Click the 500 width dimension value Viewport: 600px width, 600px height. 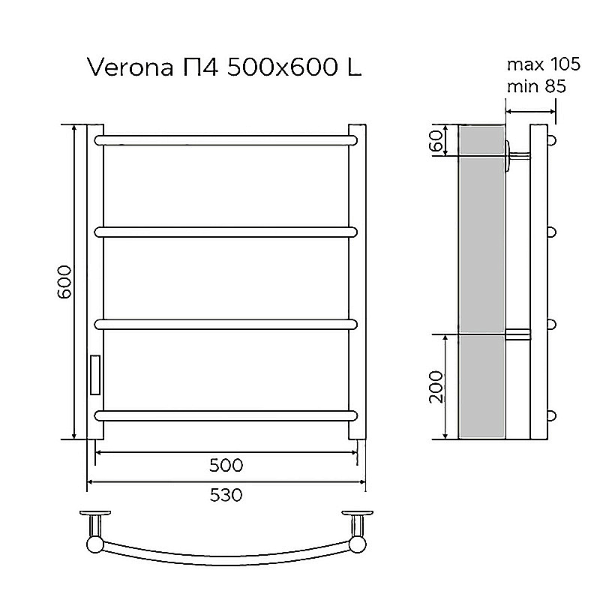tap(226, 465)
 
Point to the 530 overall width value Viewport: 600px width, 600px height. tap(226, 496)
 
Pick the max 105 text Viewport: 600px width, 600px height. tap(532, 63)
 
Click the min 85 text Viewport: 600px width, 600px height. tap(535, 86)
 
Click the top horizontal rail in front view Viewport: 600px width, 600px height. tap(225, 139)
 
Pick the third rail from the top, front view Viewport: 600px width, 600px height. tap(225, 324)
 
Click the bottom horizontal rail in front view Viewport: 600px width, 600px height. tap(225, 415)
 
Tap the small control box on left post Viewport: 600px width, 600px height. tap(95, 374)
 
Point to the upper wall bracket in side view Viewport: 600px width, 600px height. tap(518, 156)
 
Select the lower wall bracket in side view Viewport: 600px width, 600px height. tap(518, 334)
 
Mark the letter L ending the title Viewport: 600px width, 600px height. tap(353, 68)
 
